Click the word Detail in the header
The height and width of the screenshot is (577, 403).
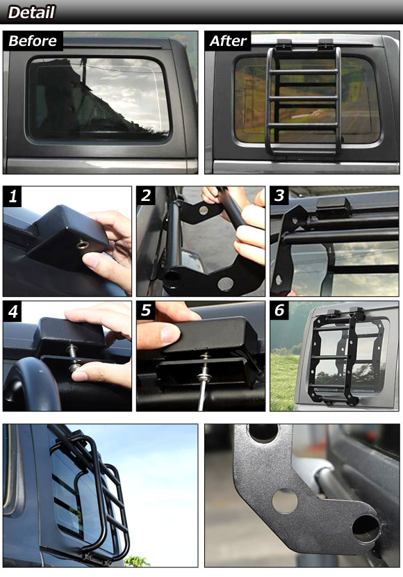[32, 12]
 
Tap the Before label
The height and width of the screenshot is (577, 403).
[33, 41]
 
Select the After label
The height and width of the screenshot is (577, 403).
[228, 41]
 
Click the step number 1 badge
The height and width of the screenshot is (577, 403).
[13, 196]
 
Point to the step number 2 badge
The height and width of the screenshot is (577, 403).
[146, 195]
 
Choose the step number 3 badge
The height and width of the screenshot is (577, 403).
[279, 195]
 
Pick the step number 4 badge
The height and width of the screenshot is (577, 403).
[13, 311]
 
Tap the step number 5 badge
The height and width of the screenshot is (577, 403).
[146, 310]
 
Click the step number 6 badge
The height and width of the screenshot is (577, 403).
[279, 310]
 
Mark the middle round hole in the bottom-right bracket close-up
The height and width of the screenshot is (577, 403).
[285, 501]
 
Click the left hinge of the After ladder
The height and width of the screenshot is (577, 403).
[283, 44]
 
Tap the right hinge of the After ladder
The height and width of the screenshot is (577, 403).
[326, 44]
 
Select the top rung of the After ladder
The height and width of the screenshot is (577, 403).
[304, 72]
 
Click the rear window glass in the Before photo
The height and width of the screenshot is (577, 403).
[99, 99]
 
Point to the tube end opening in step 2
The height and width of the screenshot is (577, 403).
[172, 280]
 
